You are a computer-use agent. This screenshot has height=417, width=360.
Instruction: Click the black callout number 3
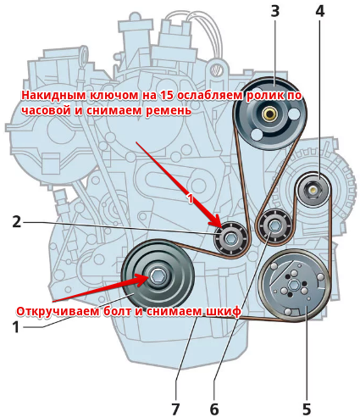pyautogui.click(x=275, y=11)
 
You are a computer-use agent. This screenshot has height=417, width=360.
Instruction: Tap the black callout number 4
pyautogui.click(x=319, y=11)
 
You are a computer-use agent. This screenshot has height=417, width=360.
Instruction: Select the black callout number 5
pyautogui.click(x=307, y=409)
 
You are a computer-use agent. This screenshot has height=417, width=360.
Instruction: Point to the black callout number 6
pyautogui.click(x=214, y=409)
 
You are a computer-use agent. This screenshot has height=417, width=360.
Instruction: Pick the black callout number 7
pyautogui.click(x=175, y=409)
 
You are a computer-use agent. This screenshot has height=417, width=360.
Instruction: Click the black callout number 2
pyautogui.click(x=17, y=222)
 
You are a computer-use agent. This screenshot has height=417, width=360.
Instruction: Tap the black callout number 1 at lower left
pyautogui.click(x=16, y=327)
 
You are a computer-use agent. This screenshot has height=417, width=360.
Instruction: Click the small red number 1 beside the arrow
pyautogui.click(x=191, y=198)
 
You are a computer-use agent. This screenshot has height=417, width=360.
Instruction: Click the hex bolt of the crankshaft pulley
pyautogui.click(x=156, y=276)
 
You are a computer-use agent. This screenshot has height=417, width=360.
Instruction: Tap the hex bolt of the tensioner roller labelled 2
pyautogui.click(x=230, y=239)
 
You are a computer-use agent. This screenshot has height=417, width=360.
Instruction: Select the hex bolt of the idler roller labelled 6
pyautogui.click(x=274, y=225)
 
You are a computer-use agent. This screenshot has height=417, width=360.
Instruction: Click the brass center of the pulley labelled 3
pyautogui.click(x=268, y=114)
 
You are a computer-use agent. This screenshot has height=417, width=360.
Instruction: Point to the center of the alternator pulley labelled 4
pyautogui.click(x=313, y=189)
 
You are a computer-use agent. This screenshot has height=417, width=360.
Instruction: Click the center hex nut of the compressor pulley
pyautogui.click(x=294, y=285)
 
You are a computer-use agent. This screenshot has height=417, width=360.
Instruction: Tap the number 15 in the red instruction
pyautogui.click(x=167, y=96)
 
